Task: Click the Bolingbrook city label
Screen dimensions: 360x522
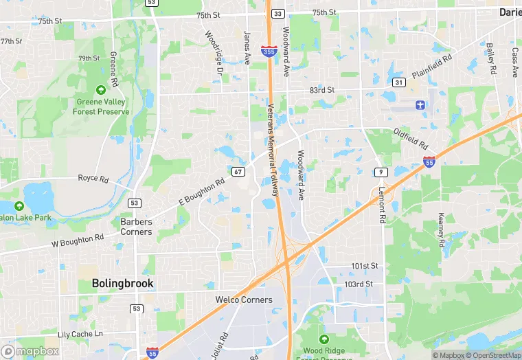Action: click(123, 283)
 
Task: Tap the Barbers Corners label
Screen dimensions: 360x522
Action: click(136, 227)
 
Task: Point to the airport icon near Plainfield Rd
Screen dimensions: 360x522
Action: click(420, 104)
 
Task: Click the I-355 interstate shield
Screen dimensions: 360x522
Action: click(269, 50)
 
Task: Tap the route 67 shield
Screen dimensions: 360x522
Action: click(238, 171)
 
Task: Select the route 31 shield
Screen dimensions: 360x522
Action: click(398, 82)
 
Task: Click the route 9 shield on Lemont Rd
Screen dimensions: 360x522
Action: click(379, 171)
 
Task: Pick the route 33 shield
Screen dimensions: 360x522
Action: click(277, 14)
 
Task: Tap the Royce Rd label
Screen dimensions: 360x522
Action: click(93, 179)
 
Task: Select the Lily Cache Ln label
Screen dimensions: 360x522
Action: click(80, 334)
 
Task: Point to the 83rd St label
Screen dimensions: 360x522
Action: click(321, 90)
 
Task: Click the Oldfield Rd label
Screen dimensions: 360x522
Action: click(411, 139)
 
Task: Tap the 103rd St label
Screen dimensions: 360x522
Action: click(358, 284)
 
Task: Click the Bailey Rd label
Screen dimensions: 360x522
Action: click(490, 58)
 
